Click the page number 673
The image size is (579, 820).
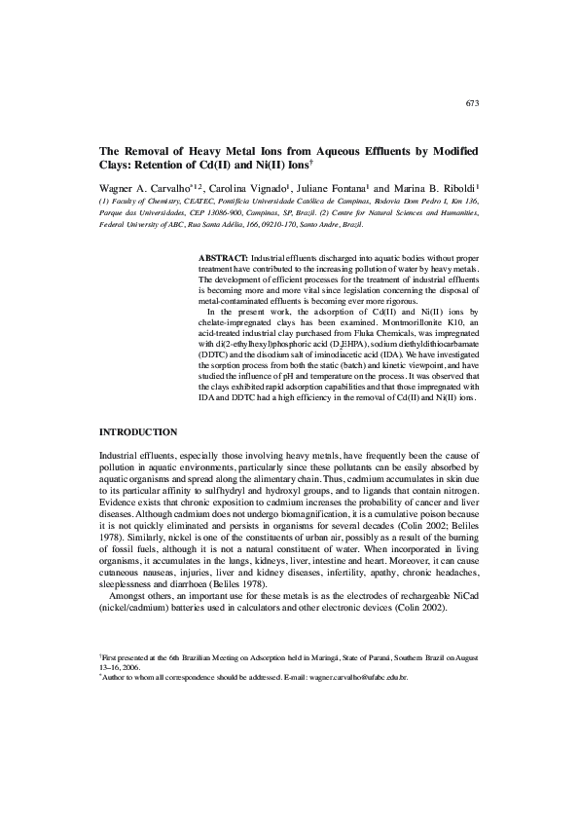click(472, 102)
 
